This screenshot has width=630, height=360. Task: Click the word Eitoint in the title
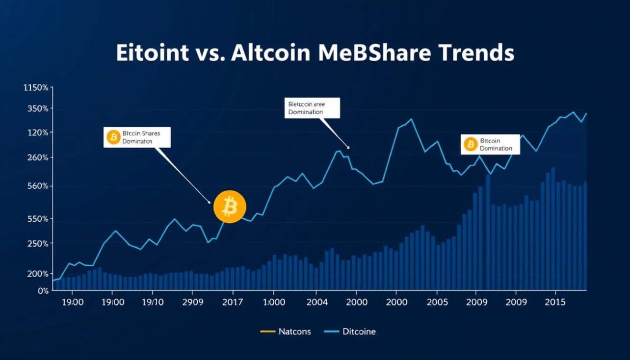pyautogui.click(x=152, y=52)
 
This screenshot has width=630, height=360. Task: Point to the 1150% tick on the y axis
pyautogui.click(x=35, y=88)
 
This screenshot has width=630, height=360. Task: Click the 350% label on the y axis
pyautogui.click(x=37, y=109)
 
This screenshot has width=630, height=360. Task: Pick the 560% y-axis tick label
pyautogui.click(x=37, y=186)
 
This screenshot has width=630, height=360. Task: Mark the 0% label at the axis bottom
pyautogui.click(x=43, y=291)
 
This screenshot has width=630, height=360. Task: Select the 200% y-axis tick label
pyautogui.click(x=37, y=274)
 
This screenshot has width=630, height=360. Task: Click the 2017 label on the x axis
pyautogui.click(x=232, y=303)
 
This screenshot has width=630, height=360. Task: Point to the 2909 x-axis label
pyautogui.click(x=192, y=303)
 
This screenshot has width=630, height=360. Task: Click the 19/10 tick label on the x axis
pyautogui.click(x=152, y=303)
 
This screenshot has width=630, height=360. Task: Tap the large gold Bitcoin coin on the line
pyautogui.click(x=230, y=206)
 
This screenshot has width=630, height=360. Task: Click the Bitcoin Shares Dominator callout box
pyautogui.click(x=137, y=137)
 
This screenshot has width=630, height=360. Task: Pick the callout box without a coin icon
pyautogui.click(x=312, y=108)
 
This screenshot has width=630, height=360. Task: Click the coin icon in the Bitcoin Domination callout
pyautogui.click(x=470, y=144)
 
